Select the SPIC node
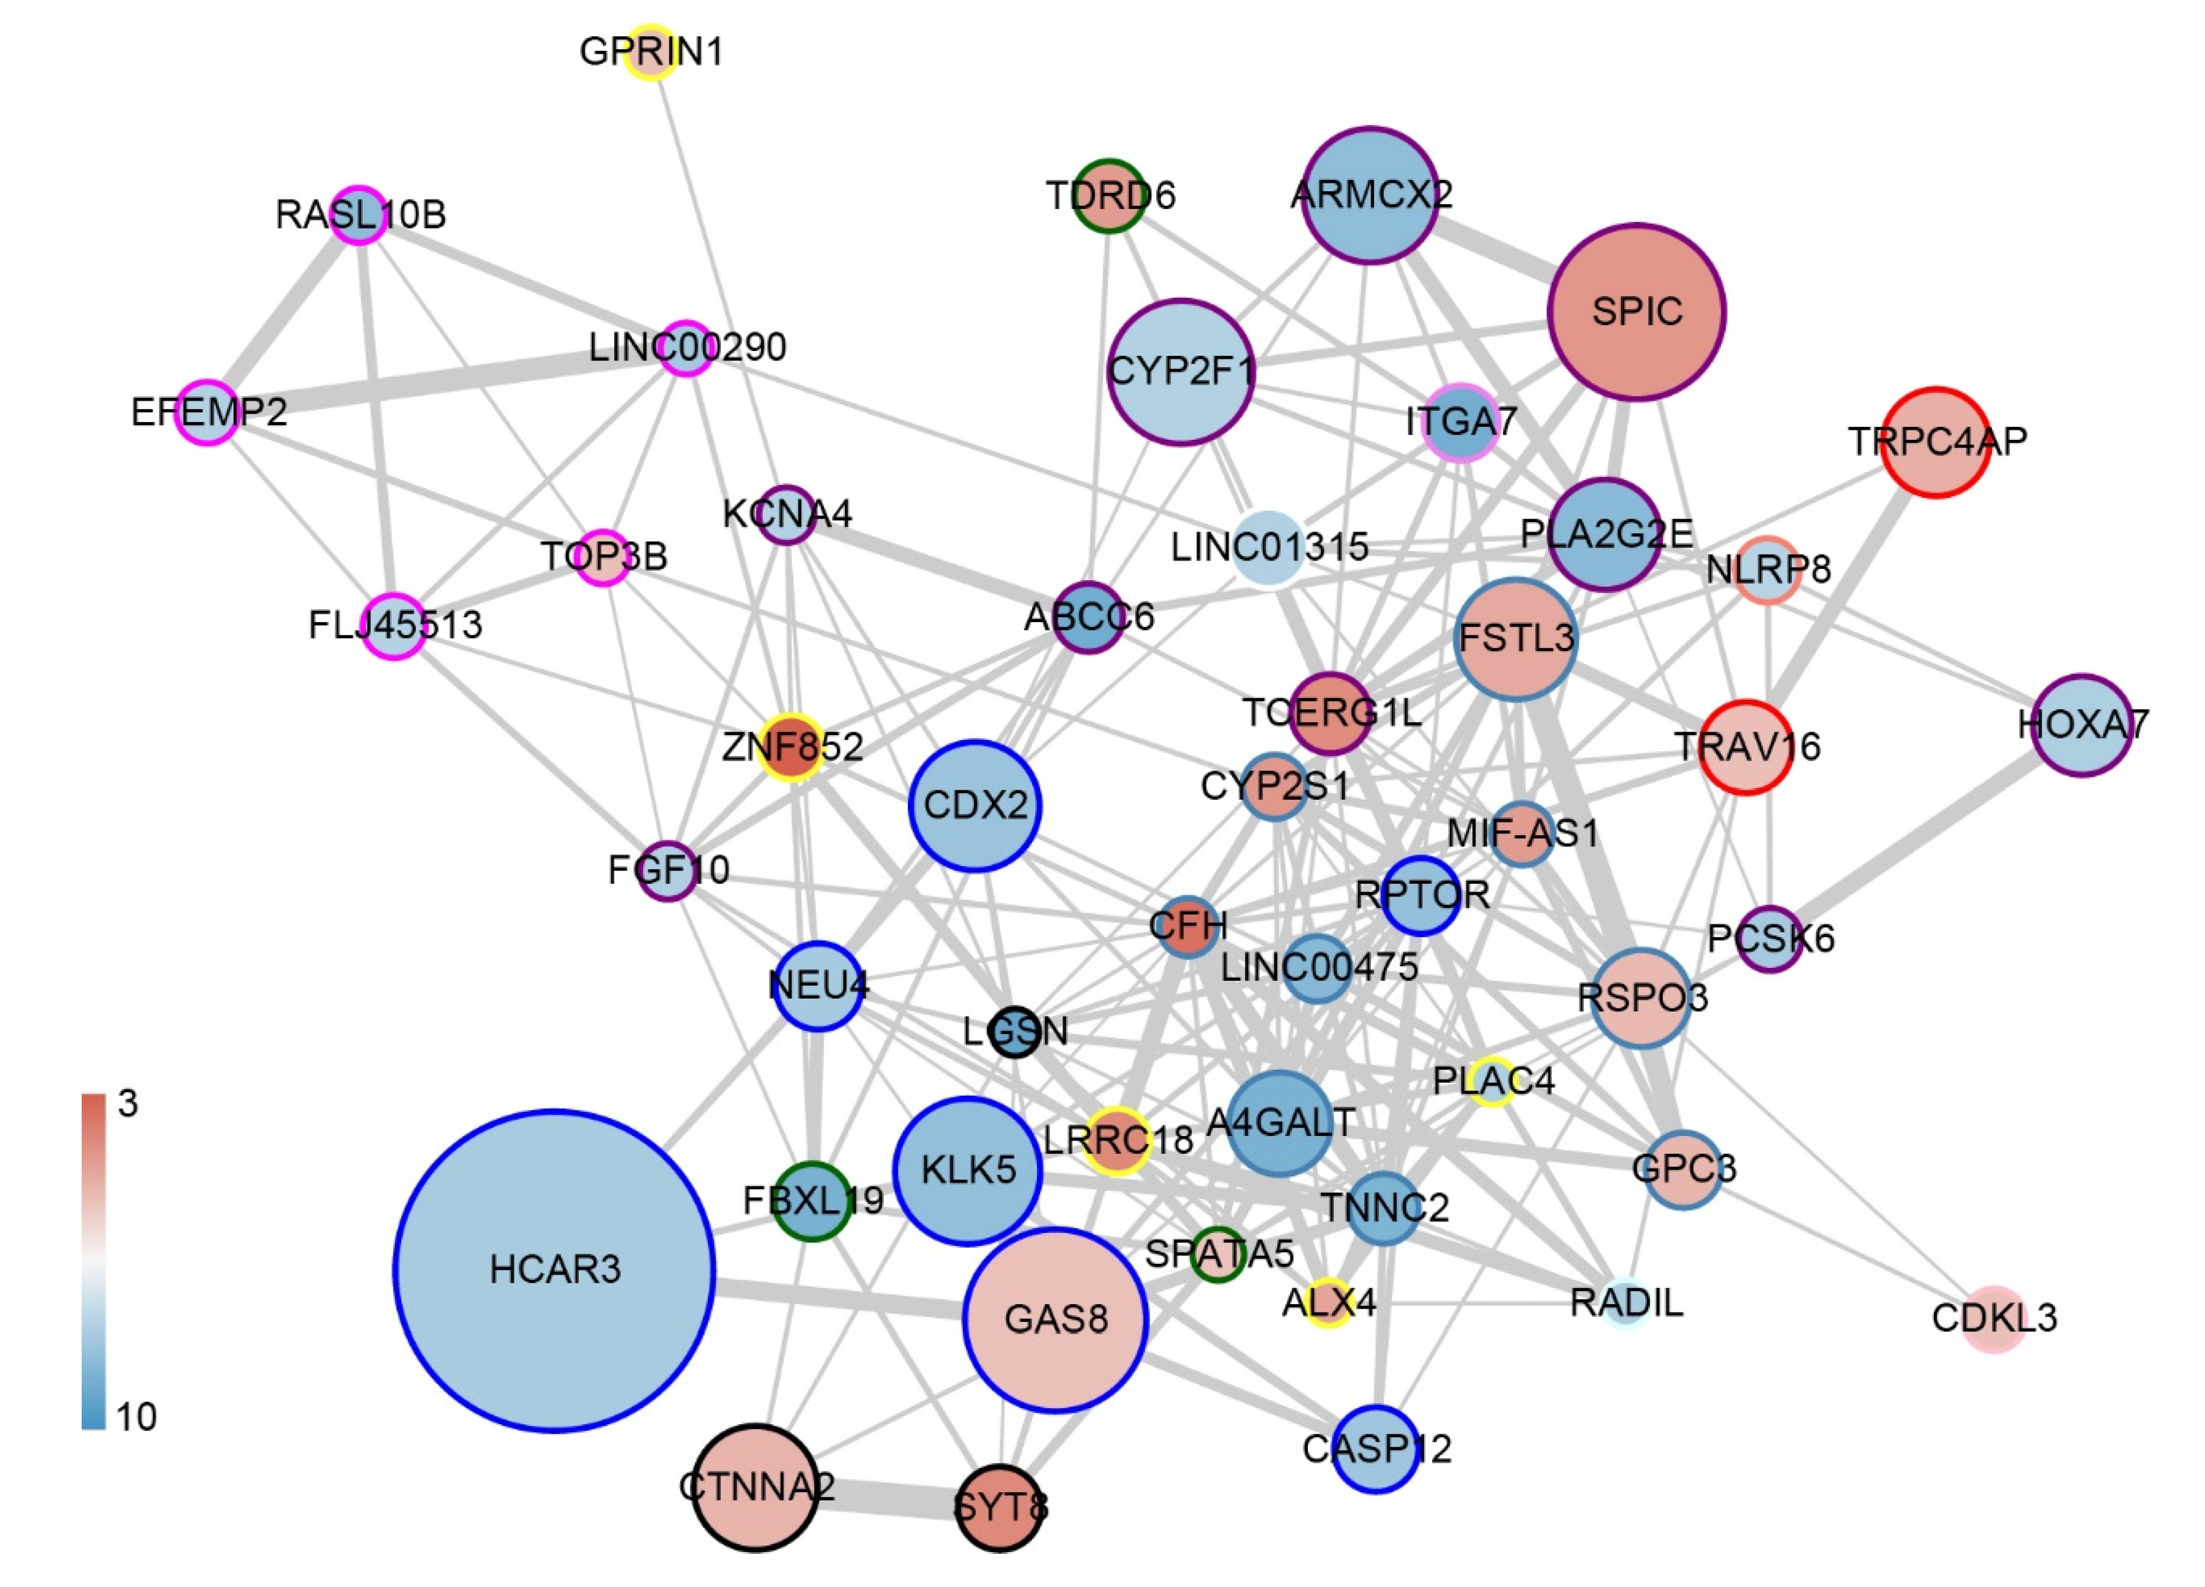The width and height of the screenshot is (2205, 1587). pos(1636,312)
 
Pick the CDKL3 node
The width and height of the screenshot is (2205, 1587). pos(1994,1319)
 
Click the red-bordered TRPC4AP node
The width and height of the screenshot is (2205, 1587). pos(1936,442)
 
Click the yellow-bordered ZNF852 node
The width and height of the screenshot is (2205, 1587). pos(792,747)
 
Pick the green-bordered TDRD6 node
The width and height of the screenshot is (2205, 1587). pos(1108,195)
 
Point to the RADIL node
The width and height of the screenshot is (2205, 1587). pos(1626,1303)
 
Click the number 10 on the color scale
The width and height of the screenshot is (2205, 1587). pos(136,1417)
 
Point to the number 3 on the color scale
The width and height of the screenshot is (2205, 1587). pos(127,1104)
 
